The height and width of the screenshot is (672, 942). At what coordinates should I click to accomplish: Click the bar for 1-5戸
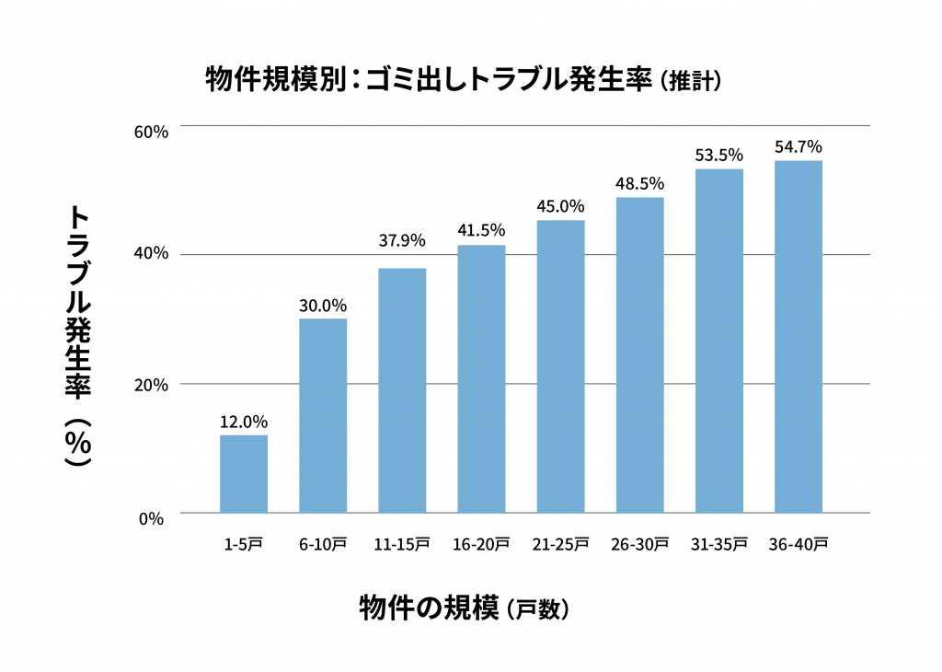[x=244, y=473]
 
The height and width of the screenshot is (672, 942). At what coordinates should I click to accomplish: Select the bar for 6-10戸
[x=323, y=415]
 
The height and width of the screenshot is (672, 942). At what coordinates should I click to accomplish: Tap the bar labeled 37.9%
[x=402, y=390]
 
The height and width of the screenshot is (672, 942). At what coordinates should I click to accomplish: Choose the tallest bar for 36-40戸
[x=798, y=336]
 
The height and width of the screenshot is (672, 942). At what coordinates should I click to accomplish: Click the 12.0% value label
[x=244, y=422]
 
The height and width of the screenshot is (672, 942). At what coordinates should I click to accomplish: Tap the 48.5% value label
[x=639, y=183]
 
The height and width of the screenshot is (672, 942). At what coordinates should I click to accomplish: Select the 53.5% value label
[x=718, y=155]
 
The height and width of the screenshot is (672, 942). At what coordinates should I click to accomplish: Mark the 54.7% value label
[x=798, y=146]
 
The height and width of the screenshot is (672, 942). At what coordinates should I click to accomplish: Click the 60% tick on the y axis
[x=152, y=132]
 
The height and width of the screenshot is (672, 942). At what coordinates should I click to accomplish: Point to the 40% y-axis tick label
[x=152, y=254]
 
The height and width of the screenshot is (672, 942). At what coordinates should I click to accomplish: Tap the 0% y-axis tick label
[x=152, y=518]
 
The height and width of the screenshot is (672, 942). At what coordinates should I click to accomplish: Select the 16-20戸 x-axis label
[x=481, y=544]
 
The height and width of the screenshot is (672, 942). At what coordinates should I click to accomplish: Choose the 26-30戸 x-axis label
[x=639, y=544]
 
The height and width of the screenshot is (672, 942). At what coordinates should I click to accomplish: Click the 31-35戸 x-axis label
[x=718, y=544]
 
